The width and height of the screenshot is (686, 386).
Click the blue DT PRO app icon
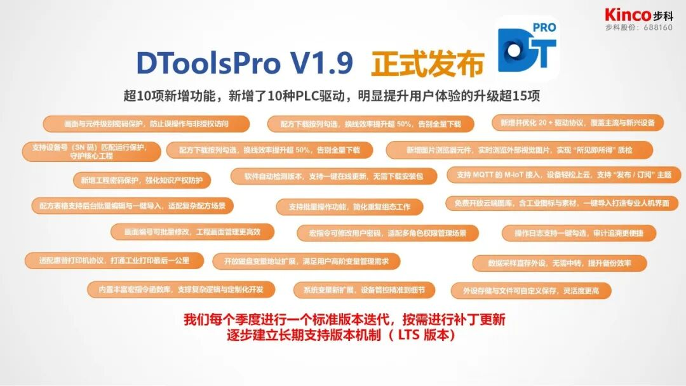527,48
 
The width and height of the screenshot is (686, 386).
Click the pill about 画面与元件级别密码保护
146,124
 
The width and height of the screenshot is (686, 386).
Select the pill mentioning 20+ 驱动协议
577,123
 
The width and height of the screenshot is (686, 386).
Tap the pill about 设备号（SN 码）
91,151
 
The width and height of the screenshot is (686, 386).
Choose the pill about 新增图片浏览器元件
520,150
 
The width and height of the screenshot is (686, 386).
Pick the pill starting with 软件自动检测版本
333,176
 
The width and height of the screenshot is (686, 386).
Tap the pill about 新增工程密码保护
142,180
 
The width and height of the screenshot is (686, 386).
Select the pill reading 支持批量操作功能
349,207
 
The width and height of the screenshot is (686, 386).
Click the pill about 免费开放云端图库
562,203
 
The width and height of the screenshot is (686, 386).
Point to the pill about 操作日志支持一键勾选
579,233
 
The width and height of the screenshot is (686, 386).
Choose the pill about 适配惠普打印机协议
114,260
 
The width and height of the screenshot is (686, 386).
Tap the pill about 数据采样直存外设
560,263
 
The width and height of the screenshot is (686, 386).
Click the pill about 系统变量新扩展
364,290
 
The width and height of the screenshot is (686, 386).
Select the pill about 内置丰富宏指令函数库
182,289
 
